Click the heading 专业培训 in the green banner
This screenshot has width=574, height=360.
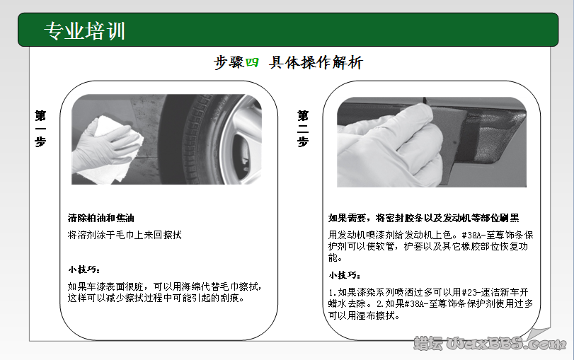pyautogui.click(x=85, y=31)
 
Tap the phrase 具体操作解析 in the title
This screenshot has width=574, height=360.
pyautogui.click(x=316, y=63)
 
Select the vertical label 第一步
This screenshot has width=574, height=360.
pyautogui.click(x=41, y=127)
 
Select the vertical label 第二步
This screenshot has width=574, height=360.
pyautogui.click(x=303, y=127)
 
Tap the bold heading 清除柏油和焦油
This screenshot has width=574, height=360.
pyautogui.click(x=101, y=218)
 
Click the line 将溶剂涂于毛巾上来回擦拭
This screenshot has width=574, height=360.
pyautogui.click(x=125, y=234)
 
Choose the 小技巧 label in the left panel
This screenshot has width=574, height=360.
pyautogui.click(x=84, y=270)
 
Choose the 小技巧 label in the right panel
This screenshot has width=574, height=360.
pyautogui.click(x=345, y=274)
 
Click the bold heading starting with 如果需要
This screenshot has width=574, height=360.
pyautogui.click(x=424, y=218)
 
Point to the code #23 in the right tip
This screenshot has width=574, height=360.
pyautogui.click(x=470, y=291)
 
